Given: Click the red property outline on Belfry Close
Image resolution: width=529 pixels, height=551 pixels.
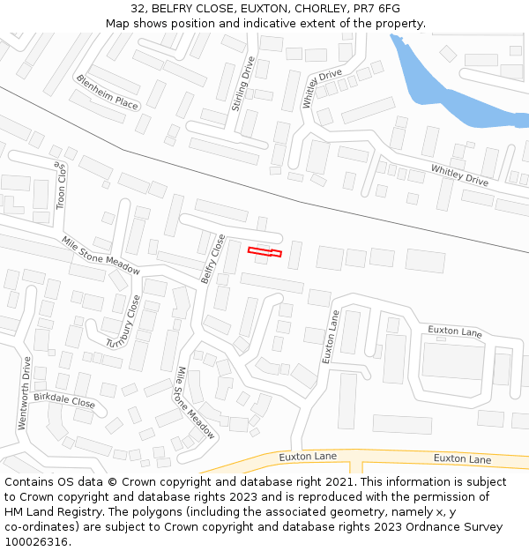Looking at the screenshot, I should [x=264, y=253].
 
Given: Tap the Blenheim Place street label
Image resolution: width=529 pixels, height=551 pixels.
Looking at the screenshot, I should [x=108, y=92].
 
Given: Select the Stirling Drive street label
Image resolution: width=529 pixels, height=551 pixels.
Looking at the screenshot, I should [x=242, y=84].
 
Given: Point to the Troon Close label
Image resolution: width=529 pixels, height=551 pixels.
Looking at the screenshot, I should [x=61, y=185].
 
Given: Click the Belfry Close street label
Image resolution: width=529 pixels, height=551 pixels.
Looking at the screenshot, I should [x=213, y=258].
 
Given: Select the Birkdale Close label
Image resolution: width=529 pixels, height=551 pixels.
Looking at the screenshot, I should [x=64, y=401].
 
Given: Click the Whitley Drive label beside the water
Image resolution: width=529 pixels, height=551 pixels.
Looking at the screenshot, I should [x=459, y=174].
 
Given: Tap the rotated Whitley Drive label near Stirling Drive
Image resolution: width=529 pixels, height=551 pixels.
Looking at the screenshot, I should [x=322, y=89].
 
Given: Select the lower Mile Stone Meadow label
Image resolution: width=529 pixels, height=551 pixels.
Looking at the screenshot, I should [x=196, y=403].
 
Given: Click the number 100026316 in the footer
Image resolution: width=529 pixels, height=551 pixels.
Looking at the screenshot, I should [x=36, y=541].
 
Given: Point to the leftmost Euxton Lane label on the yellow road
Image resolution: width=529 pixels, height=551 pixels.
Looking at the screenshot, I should [x=308, y=457].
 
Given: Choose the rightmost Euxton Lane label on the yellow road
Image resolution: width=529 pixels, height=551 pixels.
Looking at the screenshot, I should [x=462, y=458].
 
